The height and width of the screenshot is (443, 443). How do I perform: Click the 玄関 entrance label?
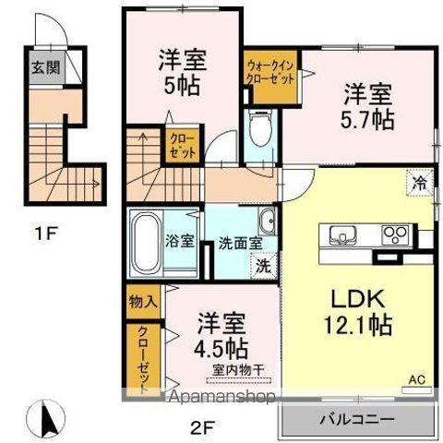[41, 68]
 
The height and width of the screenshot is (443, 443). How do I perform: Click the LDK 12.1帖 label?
[356, 313]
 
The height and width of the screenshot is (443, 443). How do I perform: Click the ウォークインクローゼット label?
[270, 71]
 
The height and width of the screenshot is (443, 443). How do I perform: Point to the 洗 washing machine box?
[263, 267]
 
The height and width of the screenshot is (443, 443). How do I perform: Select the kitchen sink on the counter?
[338, 233]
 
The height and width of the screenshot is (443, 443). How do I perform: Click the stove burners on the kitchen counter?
[397, 233]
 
